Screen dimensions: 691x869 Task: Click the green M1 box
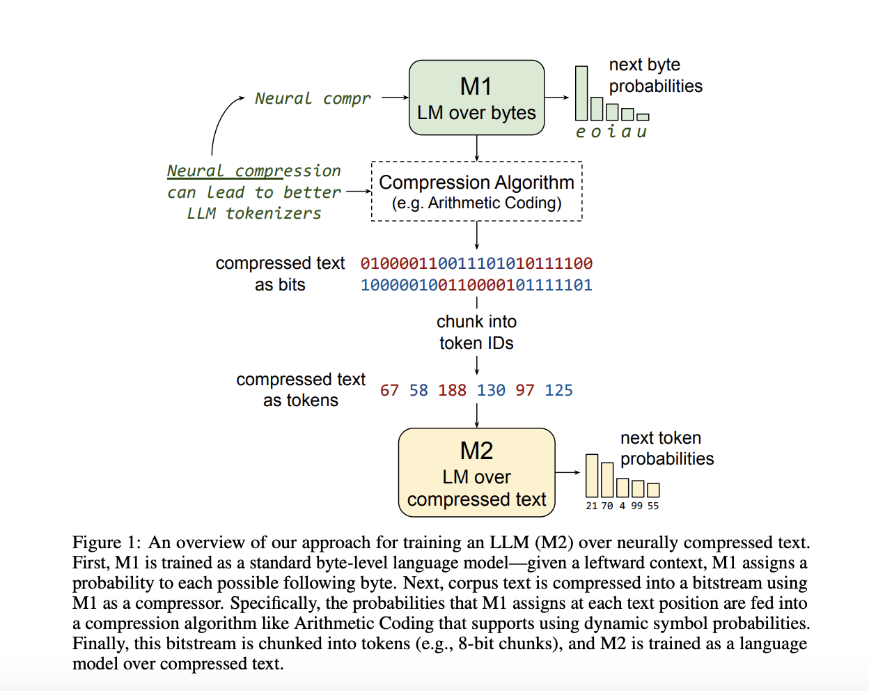click(476, 98)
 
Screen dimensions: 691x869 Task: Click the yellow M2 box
click(476, 473)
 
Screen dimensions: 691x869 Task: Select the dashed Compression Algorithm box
click(476, 192)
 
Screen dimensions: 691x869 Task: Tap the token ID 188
click(452, 390)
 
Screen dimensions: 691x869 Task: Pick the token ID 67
click(389, 390)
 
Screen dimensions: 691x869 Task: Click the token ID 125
click(558, 390)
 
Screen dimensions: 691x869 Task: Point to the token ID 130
click(491, 390)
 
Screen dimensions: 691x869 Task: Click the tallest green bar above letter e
click(581, 93)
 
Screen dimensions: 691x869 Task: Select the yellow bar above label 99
click(638, 488)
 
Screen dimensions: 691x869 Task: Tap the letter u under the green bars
click(641, 132)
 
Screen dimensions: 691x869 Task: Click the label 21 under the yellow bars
click(591, 506)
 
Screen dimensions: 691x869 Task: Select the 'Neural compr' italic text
click(313, 98)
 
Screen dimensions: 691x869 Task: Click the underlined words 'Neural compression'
click(253, 171)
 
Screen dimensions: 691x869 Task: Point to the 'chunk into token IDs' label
click(476, 332)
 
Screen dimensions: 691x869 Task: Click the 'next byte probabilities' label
click(655, 75)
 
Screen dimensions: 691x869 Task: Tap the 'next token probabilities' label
click(666, 448)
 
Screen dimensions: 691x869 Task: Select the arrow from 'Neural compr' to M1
click(395, 98)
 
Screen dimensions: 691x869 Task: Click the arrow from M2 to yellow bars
click(567, 472)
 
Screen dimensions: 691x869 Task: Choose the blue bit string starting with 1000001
click(476, 285)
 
